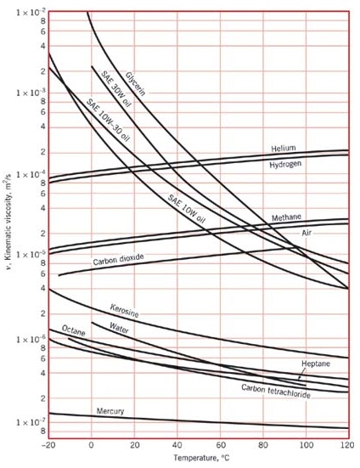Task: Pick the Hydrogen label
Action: click(286, 164)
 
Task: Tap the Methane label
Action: click(286, 217)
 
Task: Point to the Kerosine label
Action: click(124, 309)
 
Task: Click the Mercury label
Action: click(110, 411)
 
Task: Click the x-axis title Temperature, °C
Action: click(201, 459)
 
